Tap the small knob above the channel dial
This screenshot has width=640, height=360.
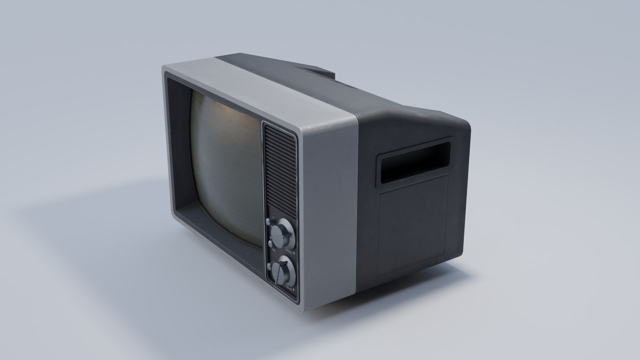tap(269, 220)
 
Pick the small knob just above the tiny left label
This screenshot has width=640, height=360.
tap(270, 243)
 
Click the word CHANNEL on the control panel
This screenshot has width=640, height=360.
tap(289, 252)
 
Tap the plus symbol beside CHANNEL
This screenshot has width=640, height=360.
tap(294, 253)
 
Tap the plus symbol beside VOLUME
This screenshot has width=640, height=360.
tap(294, 290)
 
